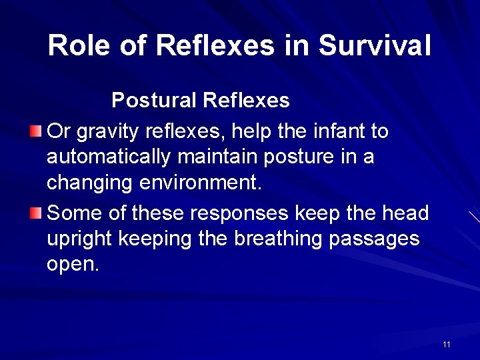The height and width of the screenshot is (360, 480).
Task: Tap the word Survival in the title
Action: tap(375, 46)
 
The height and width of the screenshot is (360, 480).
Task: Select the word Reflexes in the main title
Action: tap(215, 46)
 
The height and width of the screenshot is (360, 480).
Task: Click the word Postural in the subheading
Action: tap(154, 101)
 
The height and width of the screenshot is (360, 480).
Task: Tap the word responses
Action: tap(239, 213)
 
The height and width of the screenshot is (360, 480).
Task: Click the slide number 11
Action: tap(446, 344)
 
